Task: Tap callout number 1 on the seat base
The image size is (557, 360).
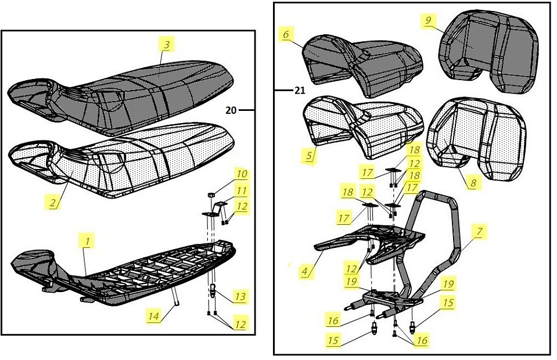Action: tap(86, 239)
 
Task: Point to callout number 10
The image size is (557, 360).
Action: tap(241, 174)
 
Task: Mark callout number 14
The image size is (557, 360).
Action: tap(153, 316)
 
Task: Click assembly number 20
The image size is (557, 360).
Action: tap(231, 110)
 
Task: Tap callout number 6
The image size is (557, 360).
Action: tap(285, 34)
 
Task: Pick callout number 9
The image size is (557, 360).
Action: tap(428, 21)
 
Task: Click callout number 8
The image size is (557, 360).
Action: tap(473, 182)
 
